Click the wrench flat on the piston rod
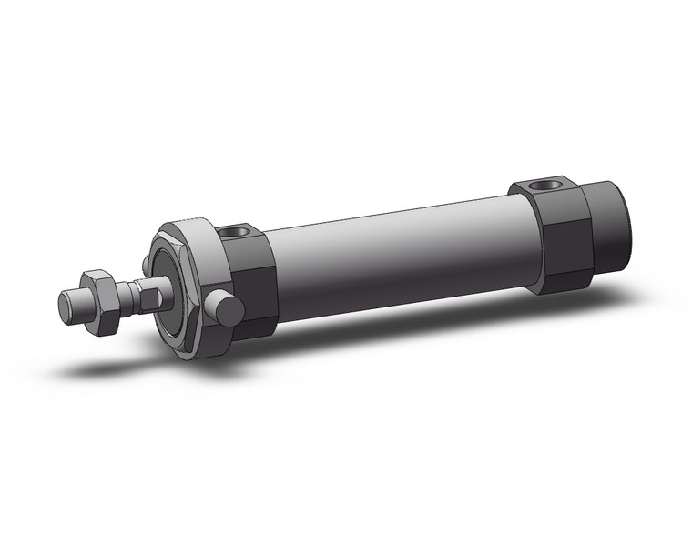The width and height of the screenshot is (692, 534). [x=133, y=293]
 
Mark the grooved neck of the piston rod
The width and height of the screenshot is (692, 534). [x=146, y=289]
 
